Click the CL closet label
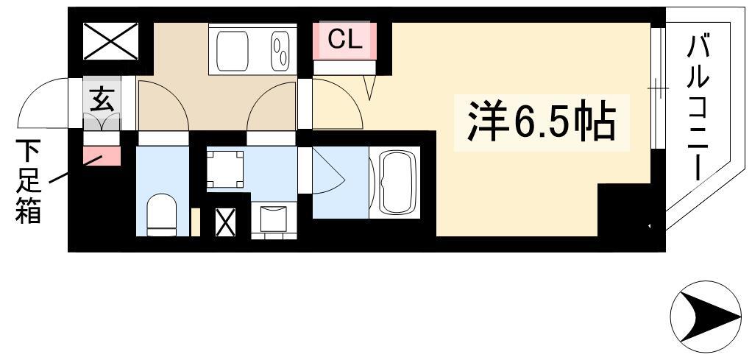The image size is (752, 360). coord(344,40)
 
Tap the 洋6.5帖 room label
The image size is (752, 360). coord(541,123)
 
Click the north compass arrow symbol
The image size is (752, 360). coord(706,317)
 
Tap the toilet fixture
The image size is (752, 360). coord(162,214)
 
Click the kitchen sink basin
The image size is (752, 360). coord(233,51)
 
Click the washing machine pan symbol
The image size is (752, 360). coord(225,169)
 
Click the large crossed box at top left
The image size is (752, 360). coord(111,42)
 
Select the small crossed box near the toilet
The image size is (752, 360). coord(225,222)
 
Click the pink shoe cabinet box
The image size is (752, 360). coord(102,156)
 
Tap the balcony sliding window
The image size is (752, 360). coord(658,89)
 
